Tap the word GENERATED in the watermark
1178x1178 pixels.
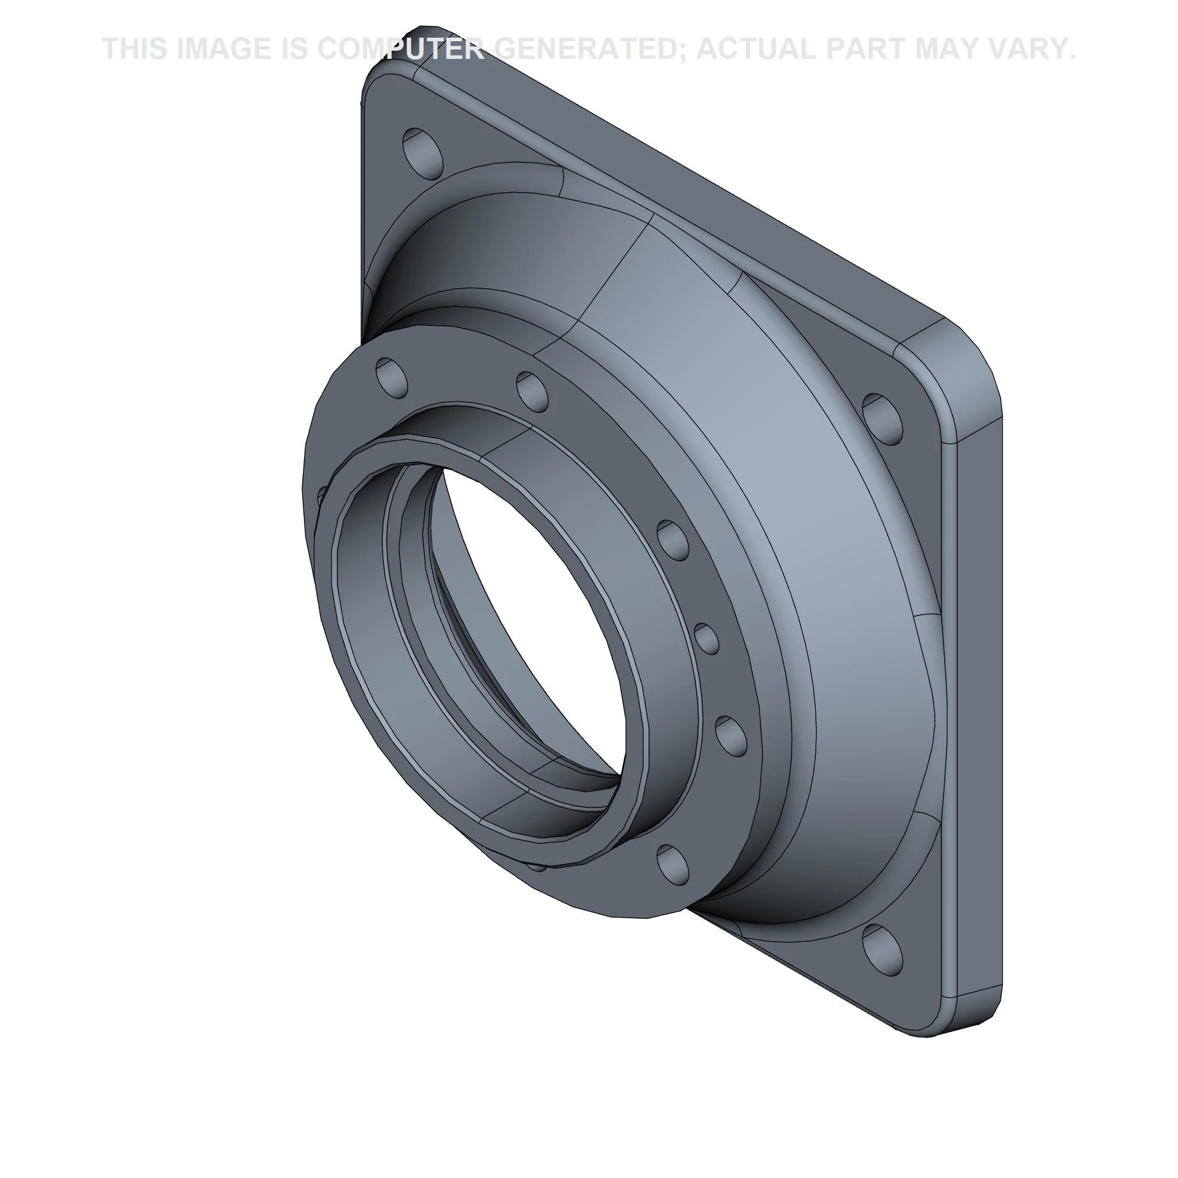[x=588, y=49]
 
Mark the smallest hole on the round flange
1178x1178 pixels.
[x=707, y=638]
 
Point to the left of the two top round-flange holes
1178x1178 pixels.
[x=392, y=376]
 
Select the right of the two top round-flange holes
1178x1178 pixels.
[x=532, y=391]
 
